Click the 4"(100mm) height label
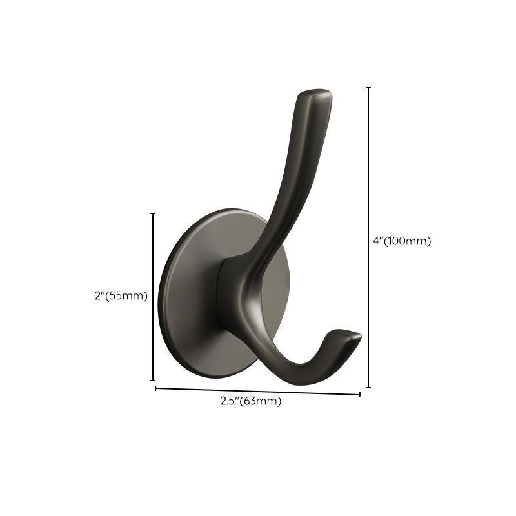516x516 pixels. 401,241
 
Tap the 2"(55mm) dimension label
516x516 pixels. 121,297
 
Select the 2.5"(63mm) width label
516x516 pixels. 251,401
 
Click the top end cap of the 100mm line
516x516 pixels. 368,88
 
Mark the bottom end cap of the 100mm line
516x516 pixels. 368,388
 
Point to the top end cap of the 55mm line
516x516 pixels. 153,213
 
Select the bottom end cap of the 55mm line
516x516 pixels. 153,381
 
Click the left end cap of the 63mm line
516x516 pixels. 155,388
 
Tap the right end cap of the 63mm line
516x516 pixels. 360,394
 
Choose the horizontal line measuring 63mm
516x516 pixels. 258,391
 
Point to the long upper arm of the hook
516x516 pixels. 293,174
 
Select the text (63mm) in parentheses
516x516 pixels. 261,401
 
